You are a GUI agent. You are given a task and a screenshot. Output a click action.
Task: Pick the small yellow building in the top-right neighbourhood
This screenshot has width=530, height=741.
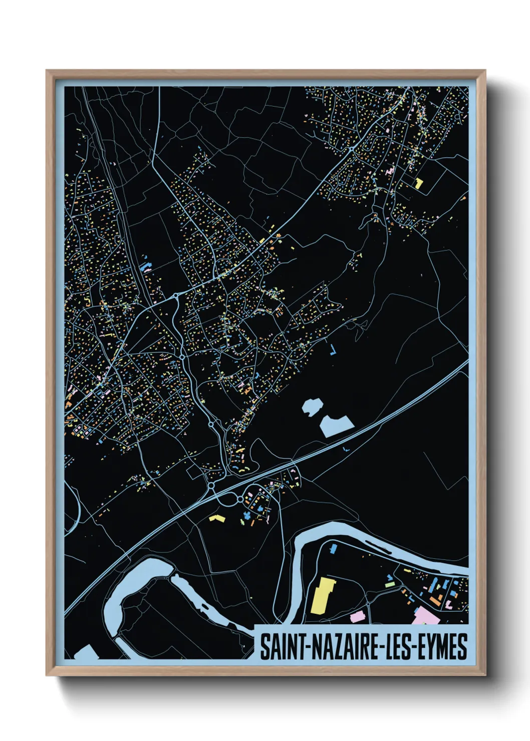point(419,183)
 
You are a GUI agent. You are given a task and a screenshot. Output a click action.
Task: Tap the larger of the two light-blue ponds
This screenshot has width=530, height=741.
point(336,426)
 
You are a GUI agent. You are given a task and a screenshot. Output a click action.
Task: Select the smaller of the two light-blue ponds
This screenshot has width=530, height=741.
point(312,406)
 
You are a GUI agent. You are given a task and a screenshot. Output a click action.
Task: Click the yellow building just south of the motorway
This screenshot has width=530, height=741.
point(216,518)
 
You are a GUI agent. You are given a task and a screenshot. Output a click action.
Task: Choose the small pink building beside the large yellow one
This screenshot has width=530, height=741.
point(357,616)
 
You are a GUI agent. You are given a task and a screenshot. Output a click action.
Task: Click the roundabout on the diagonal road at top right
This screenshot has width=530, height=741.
point(352,149)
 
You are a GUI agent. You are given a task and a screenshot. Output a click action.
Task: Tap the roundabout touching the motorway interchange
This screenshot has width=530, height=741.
point(211,486)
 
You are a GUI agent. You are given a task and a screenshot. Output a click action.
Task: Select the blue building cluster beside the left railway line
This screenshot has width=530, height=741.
point(146,266)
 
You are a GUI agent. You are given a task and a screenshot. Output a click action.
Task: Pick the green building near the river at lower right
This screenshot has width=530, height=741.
point(389,584)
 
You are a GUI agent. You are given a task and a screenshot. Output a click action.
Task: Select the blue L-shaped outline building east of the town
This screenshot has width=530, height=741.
point(333,350)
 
